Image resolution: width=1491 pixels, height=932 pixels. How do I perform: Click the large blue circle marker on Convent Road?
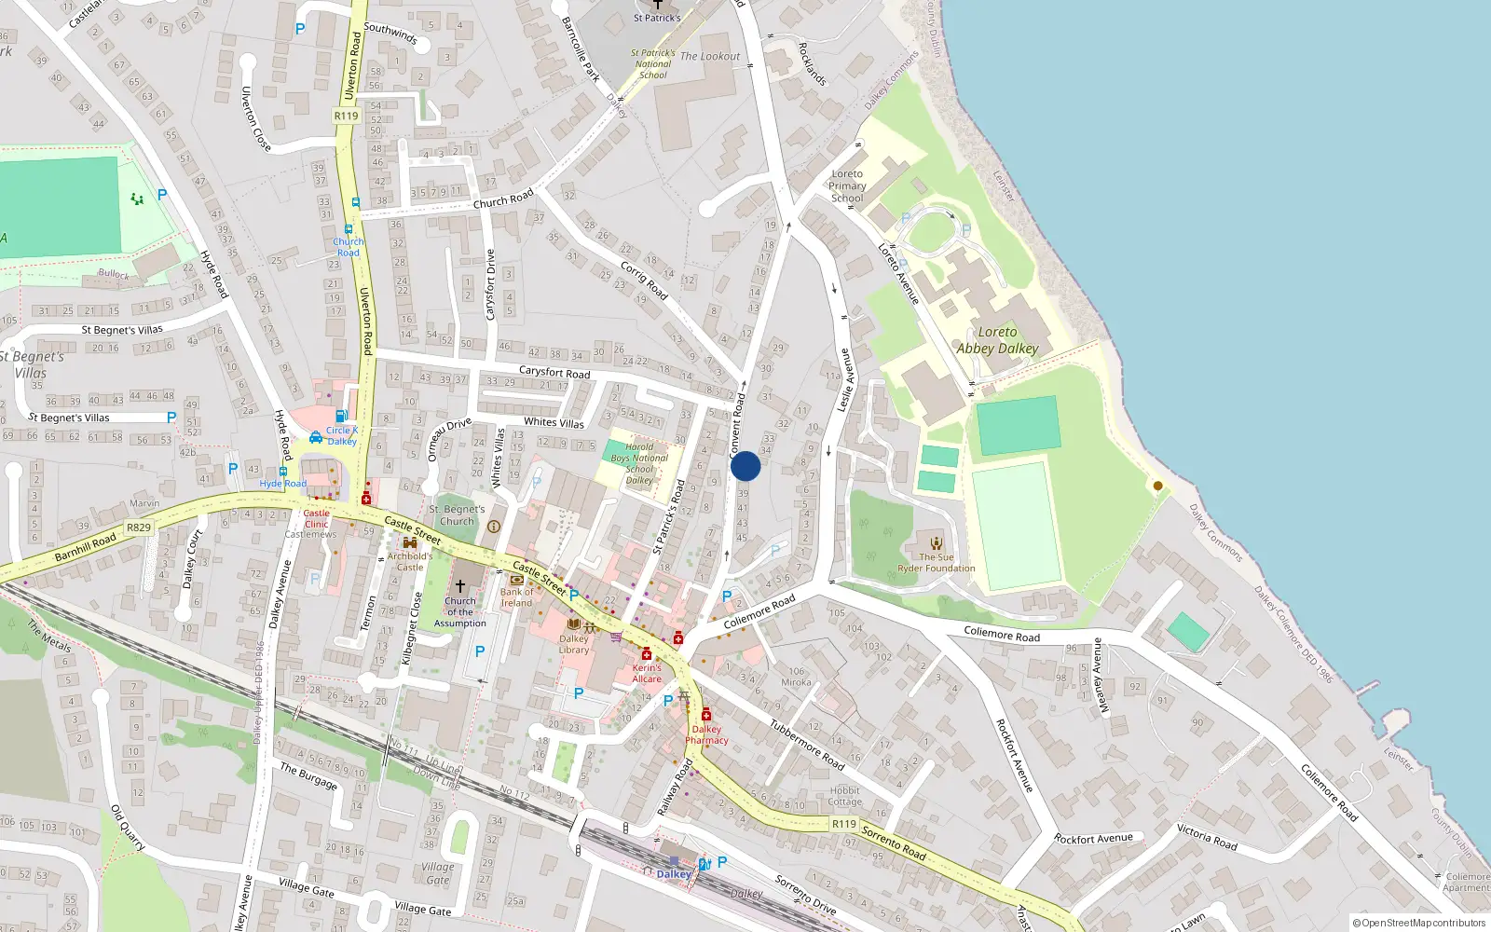coord(745,466)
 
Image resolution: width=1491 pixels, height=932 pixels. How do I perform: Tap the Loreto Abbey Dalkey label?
coord(997,340)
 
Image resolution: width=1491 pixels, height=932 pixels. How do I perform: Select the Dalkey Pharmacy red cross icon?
coord(706,715)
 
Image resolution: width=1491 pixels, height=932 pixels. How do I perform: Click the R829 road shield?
coord(139,528)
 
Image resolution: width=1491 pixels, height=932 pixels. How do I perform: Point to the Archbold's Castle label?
coord(410,561)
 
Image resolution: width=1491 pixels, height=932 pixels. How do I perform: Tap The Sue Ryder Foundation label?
coord(937,563)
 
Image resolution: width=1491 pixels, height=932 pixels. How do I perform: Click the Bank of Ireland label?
coord(517,597)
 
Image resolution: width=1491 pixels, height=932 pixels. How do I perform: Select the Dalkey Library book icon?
coord(573,624)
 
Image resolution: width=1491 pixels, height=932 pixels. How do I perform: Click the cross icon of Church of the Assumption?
coord(459,585)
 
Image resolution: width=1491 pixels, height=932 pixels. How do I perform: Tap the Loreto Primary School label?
coord(847,185)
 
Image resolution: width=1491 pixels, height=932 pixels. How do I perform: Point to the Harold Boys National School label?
coord(639,463)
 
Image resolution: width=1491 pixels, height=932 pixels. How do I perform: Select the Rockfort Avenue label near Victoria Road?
coord(1093,839)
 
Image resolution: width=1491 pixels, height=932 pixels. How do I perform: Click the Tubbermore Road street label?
coord(807,745)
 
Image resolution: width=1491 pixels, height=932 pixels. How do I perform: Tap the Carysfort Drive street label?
coord(491,284)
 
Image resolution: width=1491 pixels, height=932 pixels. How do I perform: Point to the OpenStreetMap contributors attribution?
coord(1419,924)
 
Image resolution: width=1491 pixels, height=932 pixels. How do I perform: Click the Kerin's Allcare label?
coord(647,673)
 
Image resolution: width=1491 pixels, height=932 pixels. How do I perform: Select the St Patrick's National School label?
coord(653,64)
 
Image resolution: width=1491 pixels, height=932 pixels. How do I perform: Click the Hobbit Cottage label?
coord(844,796)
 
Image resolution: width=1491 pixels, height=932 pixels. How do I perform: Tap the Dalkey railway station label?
coord(674,874)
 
